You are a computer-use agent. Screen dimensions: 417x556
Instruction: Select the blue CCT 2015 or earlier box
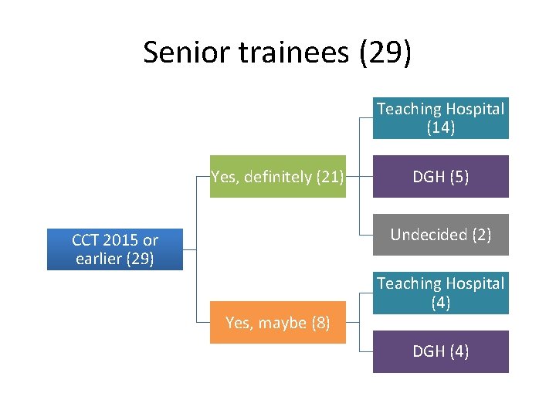[115, 249]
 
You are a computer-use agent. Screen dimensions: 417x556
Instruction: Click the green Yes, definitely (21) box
[278, 177]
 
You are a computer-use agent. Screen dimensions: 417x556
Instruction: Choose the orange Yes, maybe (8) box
[278, 323]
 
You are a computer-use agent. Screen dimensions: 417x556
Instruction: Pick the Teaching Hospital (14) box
[441, 118]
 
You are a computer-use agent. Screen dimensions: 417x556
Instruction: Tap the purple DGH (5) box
[441, 177]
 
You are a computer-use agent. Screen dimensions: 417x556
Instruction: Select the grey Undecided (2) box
[441, 235]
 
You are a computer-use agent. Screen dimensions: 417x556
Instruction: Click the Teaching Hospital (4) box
[441, 293]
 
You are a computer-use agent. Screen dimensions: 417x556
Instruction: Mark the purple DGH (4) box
[441, 351]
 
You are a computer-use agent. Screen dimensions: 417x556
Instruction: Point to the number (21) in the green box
[330, 177]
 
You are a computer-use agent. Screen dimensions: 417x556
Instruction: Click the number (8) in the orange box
[320, 323]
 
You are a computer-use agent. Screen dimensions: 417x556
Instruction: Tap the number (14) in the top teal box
[441, 128]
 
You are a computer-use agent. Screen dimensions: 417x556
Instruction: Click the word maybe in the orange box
[284, 323]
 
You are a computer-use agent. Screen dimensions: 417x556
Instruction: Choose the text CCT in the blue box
[86, 240]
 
